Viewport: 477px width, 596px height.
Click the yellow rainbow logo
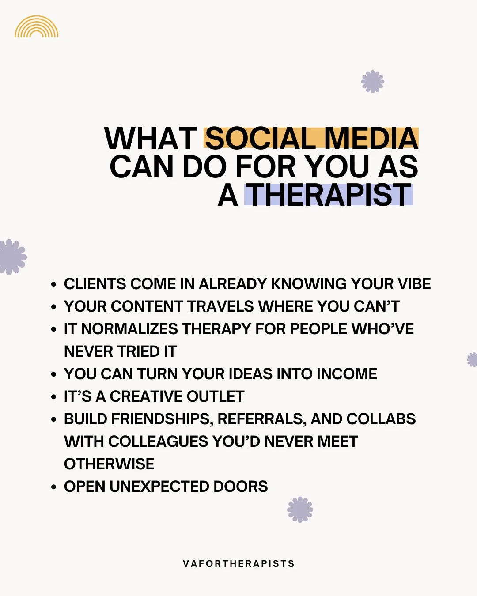pos(36,27)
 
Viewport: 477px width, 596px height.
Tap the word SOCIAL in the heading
pos(260,139)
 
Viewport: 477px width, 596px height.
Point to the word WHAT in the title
pos(151,139)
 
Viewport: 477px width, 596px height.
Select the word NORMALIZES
pos(130,329)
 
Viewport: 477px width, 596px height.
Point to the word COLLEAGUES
pos(159,441)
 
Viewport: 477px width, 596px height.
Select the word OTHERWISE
pos(109,464)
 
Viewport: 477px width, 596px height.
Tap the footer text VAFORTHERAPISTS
pos(238,564)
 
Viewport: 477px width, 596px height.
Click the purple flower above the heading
pos(372,82)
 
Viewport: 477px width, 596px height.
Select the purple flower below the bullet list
pos(300,509)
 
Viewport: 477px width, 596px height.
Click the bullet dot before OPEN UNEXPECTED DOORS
pos(53,487)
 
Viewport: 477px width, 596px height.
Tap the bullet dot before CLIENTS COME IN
pos(53,285)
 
